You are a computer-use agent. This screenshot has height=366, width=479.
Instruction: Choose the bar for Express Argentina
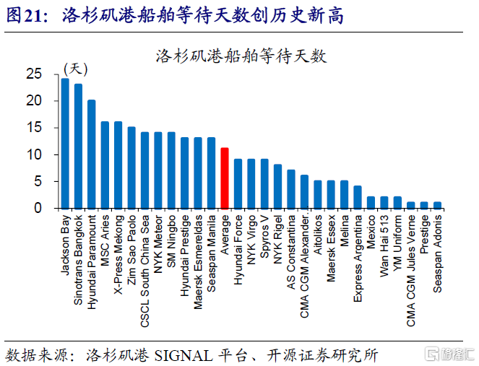[x=357, y=196]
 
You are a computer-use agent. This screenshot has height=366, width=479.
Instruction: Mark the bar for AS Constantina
[x=290, y=188]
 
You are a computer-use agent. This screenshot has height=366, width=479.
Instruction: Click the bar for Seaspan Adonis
[x=437, y=204]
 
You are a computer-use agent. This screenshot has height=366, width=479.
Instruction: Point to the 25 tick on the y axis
[x=34, y=74]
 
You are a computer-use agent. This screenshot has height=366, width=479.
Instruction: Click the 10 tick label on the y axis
[x=34, y=154]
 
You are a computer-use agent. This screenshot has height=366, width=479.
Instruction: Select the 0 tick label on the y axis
[x=38, y=208]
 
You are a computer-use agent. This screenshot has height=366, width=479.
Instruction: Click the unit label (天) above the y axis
[x=75, y=69]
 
